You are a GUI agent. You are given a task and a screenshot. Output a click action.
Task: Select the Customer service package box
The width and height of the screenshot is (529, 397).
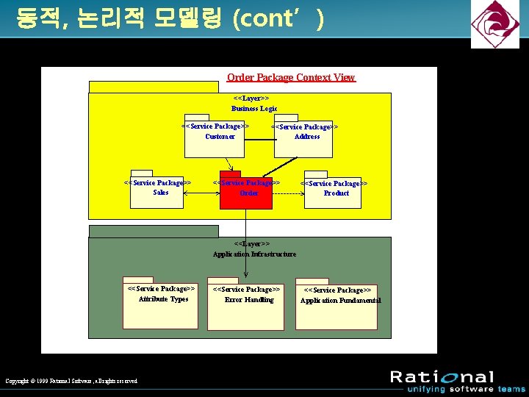[214, 140]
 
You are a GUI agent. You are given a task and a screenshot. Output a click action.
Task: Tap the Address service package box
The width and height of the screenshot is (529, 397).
[303, 140]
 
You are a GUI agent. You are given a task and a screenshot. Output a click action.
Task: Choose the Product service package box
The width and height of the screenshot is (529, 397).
[333, 193]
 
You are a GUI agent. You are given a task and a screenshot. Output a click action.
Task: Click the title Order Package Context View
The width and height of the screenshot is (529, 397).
[291, 77]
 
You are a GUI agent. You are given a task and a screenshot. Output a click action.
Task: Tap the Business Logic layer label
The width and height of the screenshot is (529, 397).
[253, 104]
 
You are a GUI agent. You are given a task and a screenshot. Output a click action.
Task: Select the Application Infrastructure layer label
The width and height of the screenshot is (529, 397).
[254, 249]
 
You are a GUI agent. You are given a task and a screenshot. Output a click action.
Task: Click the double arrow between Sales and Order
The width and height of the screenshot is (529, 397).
[201, 193]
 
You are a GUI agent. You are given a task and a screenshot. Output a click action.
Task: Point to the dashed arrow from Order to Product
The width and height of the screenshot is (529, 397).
[288, 193]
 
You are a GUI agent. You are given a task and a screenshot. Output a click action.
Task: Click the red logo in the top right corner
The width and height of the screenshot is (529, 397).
[495, 24]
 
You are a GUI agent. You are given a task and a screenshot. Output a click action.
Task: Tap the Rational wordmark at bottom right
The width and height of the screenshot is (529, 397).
[442, 377]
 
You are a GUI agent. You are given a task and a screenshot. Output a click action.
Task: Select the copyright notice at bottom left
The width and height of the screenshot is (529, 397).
[71, 381]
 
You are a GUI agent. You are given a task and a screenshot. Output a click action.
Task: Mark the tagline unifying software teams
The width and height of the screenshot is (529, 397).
[458, 389]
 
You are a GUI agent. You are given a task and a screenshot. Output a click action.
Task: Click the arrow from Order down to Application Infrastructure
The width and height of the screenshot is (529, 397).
[245, 235]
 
